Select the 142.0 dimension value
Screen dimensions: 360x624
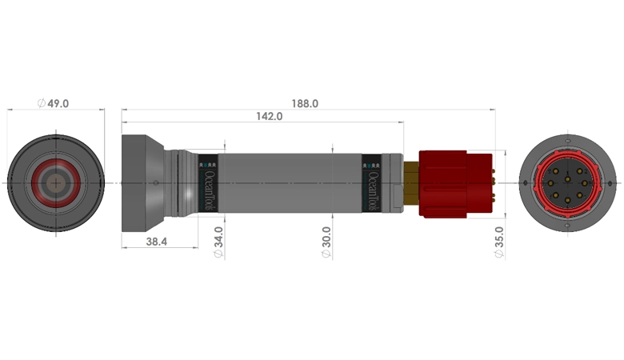click(269, 117)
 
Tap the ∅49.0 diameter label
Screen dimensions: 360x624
click(54, 104)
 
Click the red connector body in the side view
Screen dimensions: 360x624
click(452, 184)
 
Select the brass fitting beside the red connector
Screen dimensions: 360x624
click(412, 183)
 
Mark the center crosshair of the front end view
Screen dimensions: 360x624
click(54, 184)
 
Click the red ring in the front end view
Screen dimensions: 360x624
click(54, 163)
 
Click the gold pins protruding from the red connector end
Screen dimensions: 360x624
click(494, 184)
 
